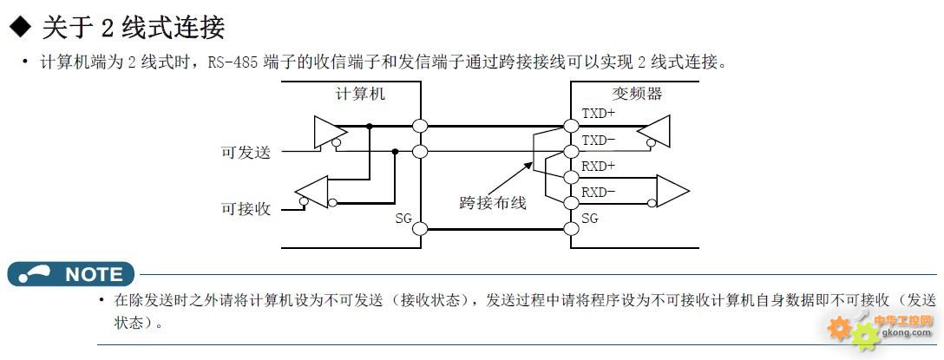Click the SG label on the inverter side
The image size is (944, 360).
click(590, 218)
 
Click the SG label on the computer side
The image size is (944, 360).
click(403, 218)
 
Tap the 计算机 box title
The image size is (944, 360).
click(360, 94)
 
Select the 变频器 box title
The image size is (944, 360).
click(637, 94)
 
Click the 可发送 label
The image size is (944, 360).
click(246, 153)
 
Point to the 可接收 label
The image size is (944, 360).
click(246, 209)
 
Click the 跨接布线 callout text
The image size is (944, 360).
click(493, 203)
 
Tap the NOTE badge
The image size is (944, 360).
click(71, 274)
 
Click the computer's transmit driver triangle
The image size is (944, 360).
click(330, 132)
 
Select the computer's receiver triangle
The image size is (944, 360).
click(311, 192)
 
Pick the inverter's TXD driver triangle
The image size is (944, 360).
click(654, 131)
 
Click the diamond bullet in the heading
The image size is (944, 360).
click(20, 28)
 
